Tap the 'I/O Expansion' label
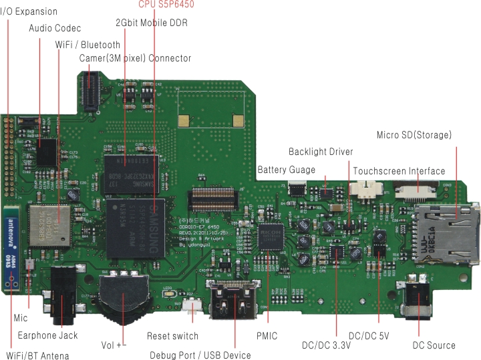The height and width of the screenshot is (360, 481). tap(29, 11)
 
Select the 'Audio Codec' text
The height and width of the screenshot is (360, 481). tap(55, 28)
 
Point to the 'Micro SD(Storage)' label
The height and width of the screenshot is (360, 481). tap(414, 136)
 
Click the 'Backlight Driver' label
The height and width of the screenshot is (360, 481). tap(321, 152)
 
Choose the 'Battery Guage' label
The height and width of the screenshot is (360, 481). tap(286, 170)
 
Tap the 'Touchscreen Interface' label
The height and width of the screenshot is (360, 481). tap(399, 171)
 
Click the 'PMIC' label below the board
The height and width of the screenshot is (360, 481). tap(267, 336)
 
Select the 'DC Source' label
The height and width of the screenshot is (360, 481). tap(434, 345)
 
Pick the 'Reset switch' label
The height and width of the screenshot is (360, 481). tap(172, 336)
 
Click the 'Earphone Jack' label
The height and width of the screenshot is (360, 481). tap(47, 335)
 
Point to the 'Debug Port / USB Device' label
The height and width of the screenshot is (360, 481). tap(200, 355)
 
